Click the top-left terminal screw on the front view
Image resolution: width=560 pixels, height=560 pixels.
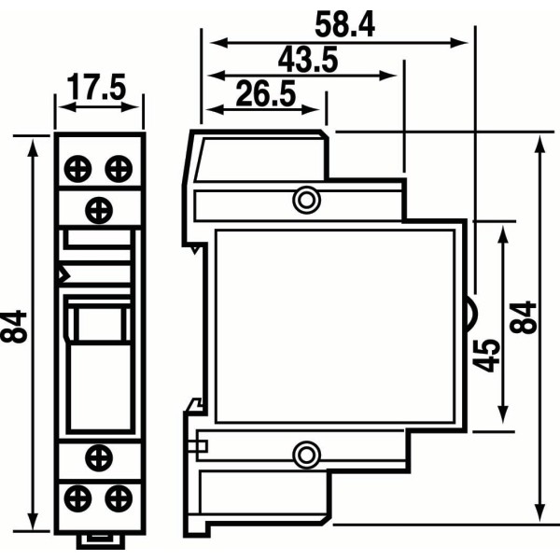[x=77, y=169]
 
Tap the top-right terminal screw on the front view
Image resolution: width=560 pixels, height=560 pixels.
[x=117, y=169]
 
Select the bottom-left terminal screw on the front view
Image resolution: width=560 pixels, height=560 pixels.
[x=77, y=494]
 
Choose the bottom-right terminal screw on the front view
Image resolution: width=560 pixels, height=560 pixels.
[x=117, y=494]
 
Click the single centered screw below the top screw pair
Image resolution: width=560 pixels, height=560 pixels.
[x=98, y=207]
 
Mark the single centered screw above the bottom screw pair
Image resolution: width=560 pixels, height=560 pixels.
[x=98, y=455]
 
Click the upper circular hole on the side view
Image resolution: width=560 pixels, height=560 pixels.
[x=305, y=199]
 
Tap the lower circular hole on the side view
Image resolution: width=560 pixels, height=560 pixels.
[x=305, y=455]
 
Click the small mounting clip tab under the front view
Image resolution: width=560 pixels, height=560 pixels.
[x=98, y=539]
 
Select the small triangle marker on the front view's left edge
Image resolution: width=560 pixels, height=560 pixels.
[x=63, y=275]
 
